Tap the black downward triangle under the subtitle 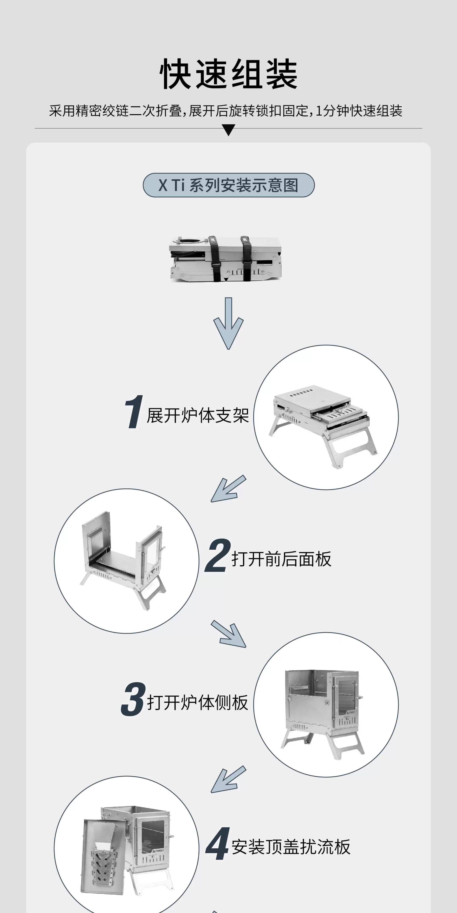pyautogui.click(x=228, y=130)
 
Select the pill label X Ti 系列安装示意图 pyautogui.click(x=228, y=185)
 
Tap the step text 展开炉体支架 pyautogui.click(x=198, y=415)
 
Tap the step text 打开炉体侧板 pyautogui.click(x=197, y=702)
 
